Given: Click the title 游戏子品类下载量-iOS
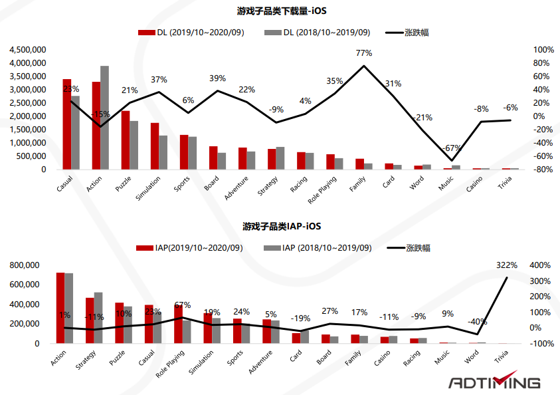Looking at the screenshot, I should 282,11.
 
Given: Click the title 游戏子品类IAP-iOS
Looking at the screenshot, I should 282,227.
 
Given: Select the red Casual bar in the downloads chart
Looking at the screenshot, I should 67,124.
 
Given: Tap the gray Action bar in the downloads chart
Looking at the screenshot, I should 105,118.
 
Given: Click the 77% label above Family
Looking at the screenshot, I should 363,53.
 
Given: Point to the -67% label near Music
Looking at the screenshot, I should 452,147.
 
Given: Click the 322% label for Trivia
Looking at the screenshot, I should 507,265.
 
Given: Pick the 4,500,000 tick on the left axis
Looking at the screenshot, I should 27,50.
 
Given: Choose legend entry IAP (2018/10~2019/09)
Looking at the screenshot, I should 326,248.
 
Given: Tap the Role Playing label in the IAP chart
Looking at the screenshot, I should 170,362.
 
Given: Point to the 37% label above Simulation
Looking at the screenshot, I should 159,80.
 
